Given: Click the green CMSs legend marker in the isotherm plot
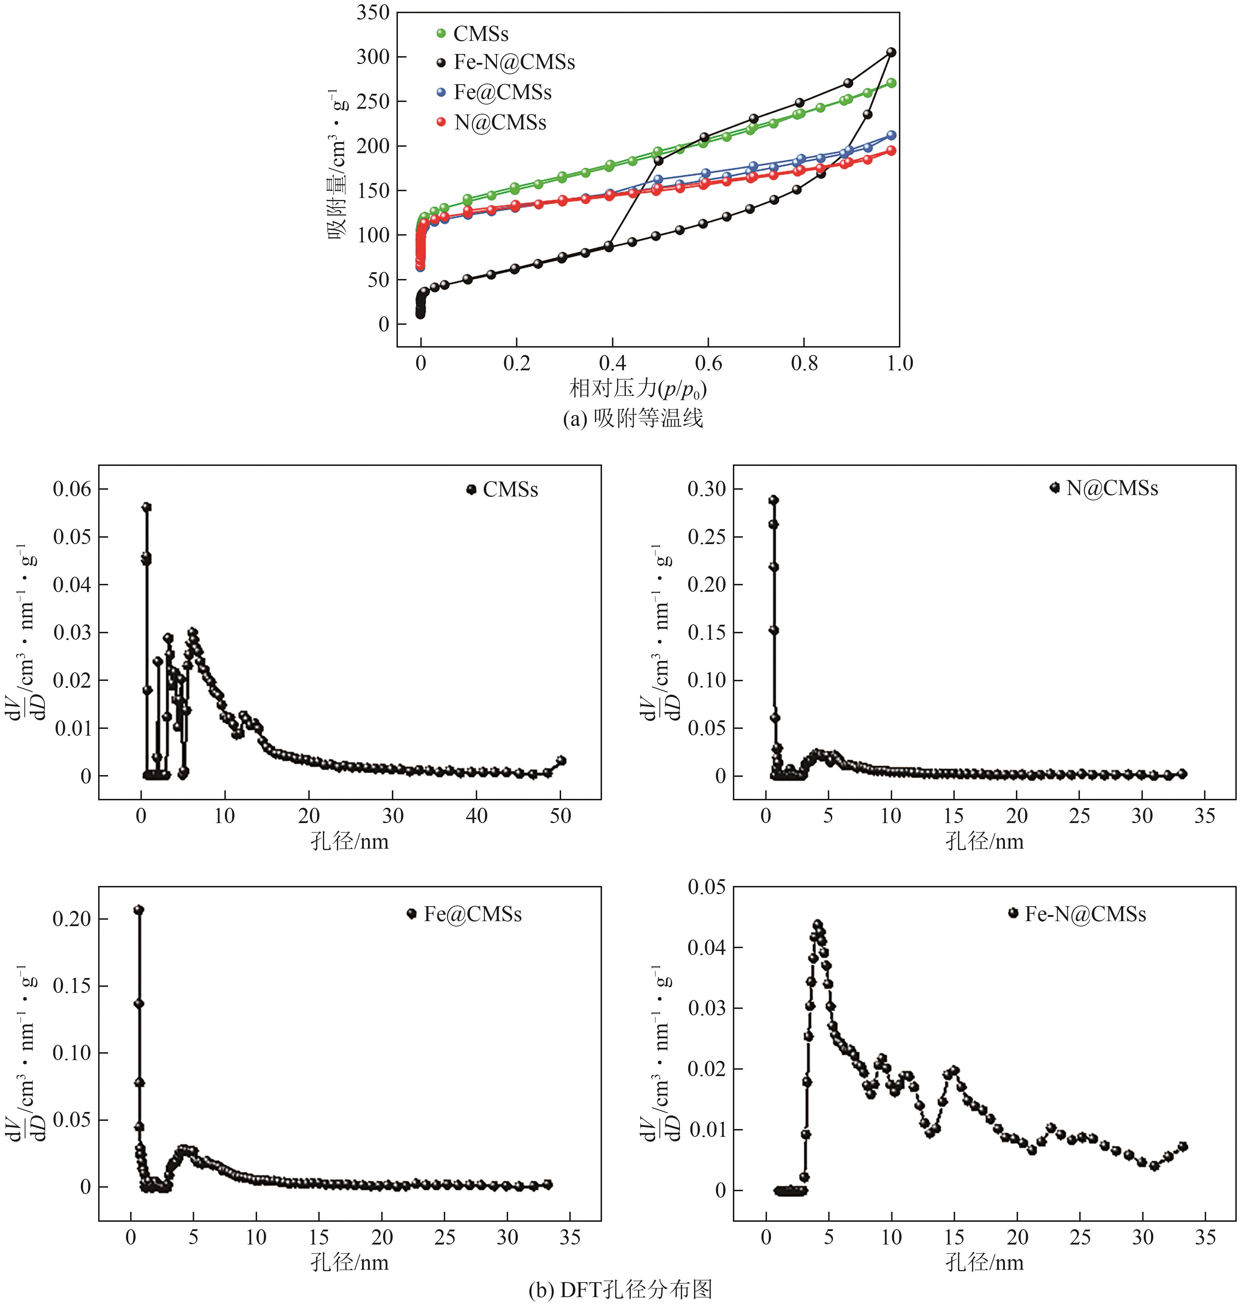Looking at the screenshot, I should pyautogui.click(x=441, y=33).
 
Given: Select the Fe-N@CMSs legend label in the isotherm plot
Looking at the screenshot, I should pyautogui.click(x=514, y=63).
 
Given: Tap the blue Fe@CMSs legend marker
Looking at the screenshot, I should pyautogui.click(x=441, y=93).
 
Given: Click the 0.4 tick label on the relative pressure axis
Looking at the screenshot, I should pyautogui.click(x=613, y=363).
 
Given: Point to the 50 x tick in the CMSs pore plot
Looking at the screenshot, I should pyautogui.click(x=560, y=816).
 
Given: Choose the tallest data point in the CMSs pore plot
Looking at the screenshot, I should pyautogui.click(x=147, y=507).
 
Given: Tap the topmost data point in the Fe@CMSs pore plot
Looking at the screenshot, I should pyautogui.click(x=139, y=910).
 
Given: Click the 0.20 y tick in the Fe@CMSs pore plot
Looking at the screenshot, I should pyautogui.click(x=71, y=919).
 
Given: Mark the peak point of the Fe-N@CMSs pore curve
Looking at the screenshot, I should pyautogui.click(x=817, y=924).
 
